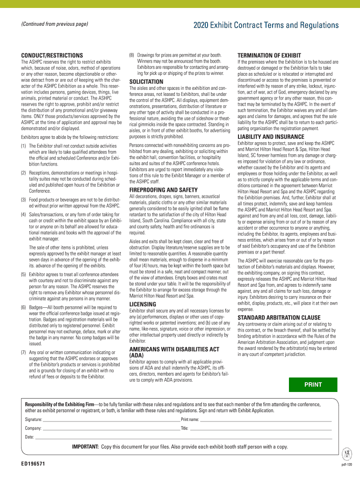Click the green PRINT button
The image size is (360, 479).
[313, 385]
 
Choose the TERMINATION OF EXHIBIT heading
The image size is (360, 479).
[269, 55]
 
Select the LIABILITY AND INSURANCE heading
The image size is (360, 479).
[271, 137]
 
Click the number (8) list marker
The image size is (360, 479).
[132, 55]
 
